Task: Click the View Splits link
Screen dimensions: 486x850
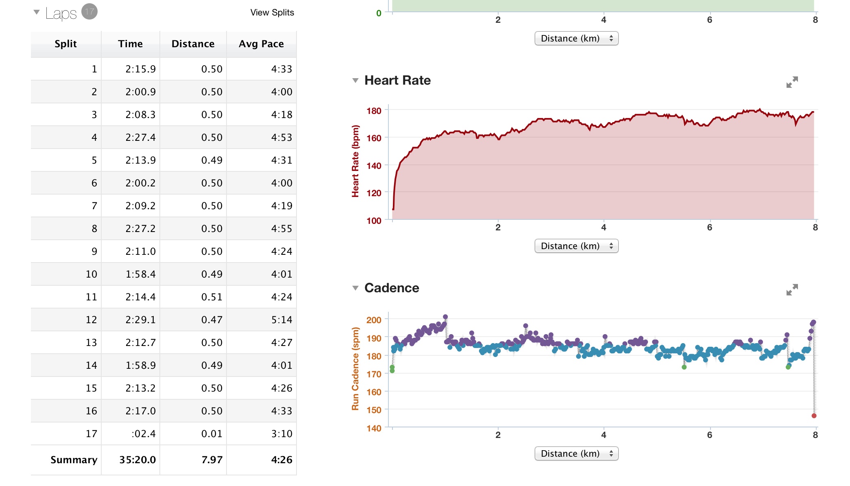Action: [272, 13]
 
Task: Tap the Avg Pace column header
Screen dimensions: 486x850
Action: [261, 44]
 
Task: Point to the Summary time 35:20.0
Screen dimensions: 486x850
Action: [137, 460]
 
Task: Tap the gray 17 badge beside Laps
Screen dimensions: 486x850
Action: [89, 12]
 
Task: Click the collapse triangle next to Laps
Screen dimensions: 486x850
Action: [37, 12]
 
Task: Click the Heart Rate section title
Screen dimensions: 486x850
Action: [397, 81]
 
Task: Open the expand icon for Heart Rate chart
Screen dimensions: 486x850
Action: [792, 82]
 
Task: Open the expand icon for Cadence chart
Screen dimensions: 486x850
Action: [792, 290]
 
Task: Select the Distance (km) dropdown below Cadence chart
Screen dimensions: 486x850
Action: [576, 453]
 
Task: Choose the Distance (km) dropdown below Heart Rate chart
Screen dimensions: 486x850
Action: [576, 246]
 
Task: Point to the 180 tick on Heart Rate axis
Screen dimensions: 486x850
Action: [374, 111]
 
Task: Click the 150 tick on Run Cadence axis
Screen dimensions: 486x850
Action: [374, 410]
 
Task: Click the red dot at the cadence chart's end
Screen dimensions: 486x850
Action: [814, 416]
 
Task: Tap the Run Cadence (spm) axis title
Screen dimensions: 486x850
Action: [355, 368]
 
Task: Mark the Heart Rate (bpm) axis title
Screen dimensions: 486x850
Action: [355, 161]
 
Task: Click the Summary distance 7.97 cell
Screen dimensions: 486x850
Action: [212, 460]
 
